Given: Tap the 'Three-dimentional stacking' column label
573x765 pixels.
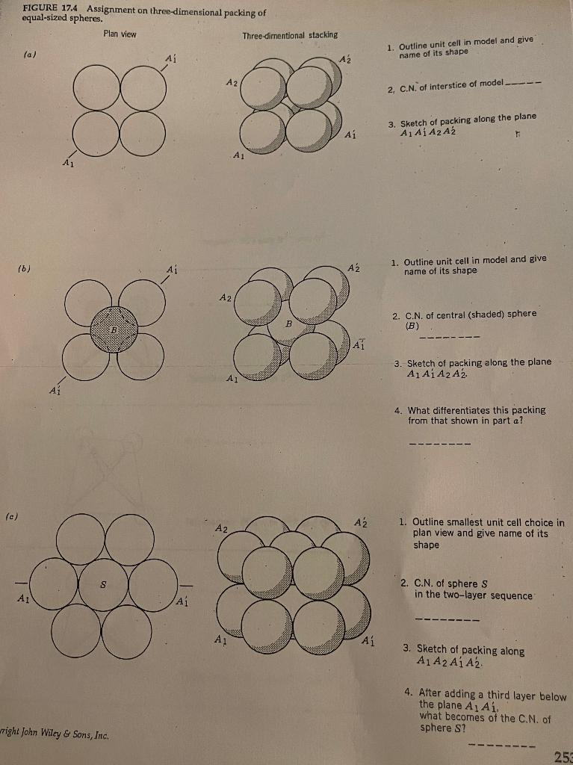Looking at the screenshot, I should (290, 35).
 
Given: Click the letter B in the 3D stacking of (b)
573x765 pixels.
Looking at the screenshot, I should (287, 324).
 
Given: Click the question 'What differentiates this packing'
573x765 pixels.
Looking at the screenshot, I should (477, 410).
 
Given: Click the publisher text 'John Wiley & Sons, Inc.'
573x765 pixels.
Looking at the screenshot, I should (66, 735).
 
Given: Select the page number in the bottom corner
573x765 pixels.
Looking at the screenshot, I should (564, 756).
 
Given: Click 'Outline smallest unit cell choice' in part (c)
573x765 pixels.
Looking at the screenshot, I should (488, 523).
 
